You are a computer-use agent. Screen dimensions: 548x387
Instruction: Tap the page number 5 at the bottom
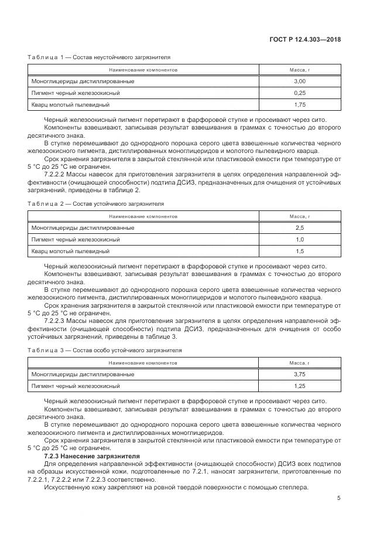338,498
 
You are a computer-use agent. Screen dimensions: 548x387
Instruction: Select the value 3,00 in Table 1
300,81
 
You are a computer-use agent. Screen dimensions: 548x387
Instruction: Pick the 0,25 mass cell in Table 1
300,93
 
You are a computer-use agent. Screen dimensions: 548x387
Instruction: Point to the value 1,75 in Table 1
300,104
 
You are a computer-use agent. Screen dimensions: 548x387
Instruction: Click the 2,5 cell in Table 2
300,227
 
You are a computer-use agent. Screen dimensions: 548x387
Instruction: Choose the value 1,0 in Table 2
300,239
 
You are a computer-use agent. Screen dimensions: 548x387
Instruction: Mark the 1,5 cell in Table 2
300,251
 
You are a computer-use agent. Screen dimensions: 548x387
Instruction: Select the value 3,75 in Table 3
300,374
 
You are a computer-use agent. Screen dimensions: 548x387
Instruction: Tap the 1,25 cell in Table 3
300,386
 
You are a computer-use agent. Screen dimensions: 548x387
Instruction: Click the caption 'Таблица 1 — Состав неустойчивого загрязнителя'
99,57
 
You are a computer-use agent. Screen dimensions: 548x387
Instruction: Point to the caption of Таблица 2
96,204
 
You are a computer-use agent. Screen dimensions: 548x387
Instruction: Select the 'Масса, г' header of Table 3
300,363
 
